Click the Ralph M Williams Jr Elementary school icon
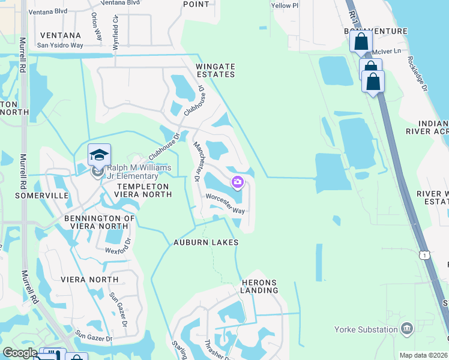[x=99, y=155]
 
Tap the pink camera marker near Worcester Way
[x=238, y=181]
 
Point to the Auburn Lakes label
[x=206, y=242]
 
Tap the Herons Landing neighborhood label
[x=260, y=286]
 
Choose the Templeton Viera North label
[x=136, y=190]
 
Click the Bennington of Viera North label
[x=96, y=222]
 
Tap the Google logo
[x=19, y=352]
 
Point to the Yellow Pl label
[x=285, y=5]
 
